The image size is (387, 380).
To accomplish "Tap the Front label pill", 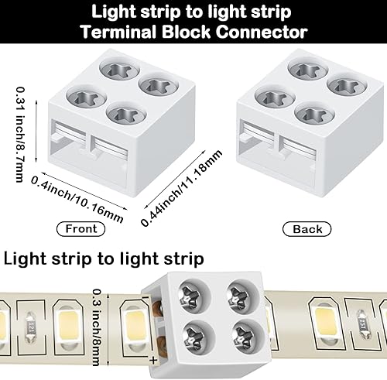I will [82, 228].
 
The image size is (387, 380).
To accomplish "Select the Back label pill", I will [307, 228].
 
